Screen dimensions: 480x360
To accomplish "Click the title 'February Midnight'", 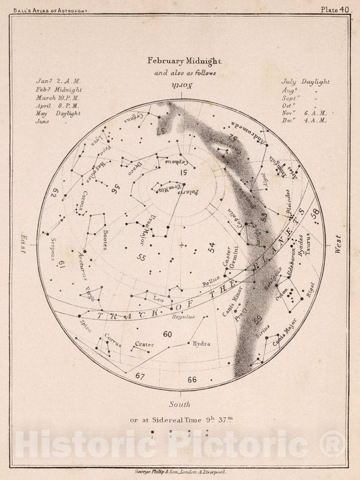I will (179, 59).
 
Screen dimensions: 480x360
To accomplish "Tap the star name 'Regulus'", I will (184, 316).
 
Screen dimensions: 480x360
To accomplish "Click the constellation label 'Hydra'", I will (201, 343).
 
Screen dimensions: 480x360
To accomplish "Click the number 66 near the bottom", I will (192, 379).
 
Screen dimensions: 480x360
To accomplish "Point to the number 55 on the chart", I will (141, 258).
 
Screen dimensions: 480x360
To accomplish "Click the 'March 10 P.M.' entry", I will (59, 97).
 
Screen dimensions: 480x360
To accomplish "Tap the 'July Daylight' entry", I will (305, 82).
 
